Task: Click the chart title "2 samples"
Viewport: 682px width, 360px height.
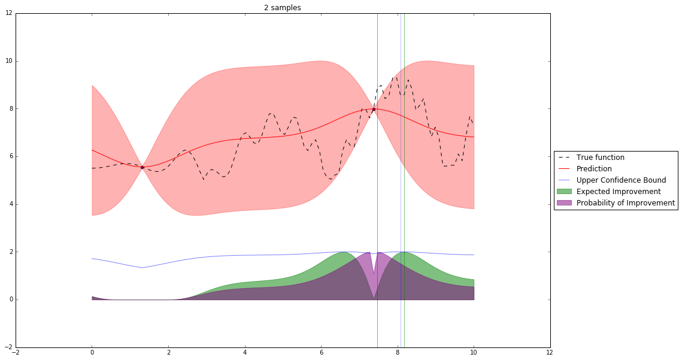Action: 283,8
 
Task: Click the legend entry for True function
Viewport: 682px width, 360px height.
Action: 600,158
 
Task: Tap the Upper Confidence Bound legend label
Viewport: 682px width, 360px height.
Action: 621,180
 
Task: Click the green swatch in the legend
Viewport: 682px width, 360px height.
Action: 565,192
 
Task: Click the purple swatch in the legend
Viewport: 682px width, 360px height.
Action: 565,203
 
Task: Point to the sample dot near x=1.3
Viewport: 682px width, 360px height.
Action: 142,167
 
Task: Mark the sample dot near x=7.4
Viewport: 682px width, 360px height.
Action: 374,109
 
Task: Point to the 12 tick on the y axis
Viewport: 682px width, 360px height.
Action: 8,13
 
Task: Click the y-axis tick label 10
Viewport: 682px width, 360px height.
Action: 8,61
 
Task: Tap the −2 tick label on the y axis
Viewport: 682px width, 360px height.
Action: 8,347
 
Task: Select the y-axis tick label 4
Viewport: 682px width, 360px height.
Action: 10,204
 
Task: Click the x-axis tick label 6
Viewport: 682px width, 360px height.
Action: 321,353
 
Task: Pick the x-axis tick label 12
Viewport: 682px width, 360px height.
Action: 550,353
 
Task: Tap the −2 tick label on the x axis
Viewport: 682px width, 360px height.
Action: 16,353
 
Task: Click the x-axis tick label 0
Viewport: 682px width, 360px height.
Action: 92,353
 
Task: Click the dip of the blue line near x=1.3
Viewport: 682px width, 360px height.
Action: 142,267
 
